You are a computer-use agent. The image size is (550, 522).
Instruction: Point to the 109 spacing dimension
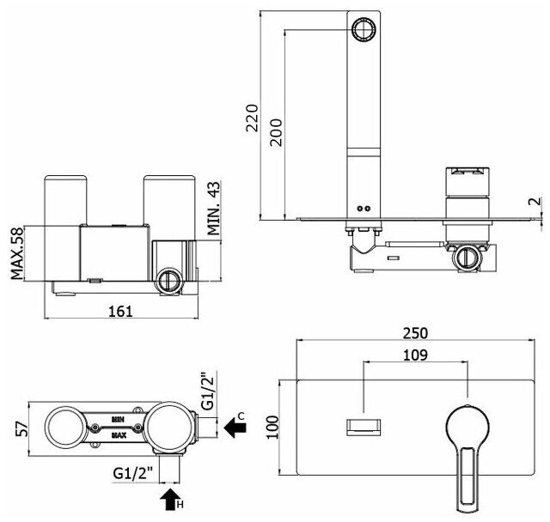coord(416,354)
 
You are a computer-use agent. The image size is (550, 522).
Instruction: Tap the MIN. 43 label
coord(215,209)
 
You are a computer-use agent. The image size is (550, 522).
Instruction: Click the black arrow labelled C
coord(233,424)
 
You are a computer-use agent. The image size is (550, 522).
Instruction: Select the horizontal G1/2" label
coord(133,471)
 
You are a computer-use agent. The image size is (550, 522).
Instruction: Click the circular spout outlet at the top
coord(364,29)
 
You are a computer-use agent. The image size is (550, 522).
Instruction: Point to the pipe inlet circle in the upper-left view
coord(168,282)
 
